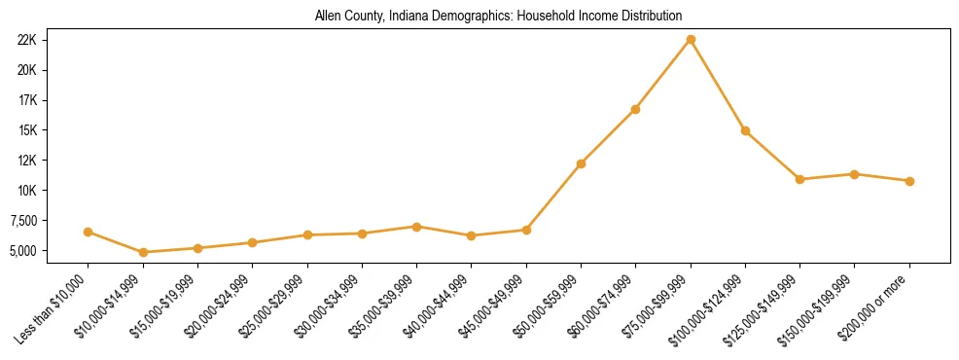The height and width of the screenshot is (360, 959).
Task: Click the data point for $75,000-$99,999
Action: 691,40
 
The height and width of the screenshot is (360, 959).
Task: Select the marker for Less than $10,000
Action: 89,232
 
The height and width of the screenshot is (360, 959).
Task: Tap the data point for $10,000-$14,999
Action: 143,252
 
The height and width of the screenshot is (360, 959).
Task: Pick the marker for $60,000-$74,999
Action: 635,109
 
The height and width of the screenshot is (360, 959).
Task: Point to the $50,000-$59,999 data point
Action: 581,163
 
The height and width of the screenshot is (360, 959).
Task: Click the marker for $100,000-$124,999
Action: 745,130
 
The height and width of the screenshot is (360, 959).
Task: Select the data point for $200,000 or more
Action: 909,181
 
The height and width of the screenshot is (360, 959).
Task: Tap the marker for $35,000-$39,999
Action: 416,227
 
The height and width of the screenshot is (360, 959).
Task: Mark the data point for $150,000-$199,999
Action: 854,174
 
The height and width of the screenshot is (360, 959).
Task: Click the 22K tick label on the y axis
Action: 27,40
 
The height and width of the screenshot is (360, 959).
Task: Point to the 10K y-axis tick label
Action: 27,191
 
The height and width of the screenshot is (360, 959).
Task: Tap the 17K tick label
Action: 27,100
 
